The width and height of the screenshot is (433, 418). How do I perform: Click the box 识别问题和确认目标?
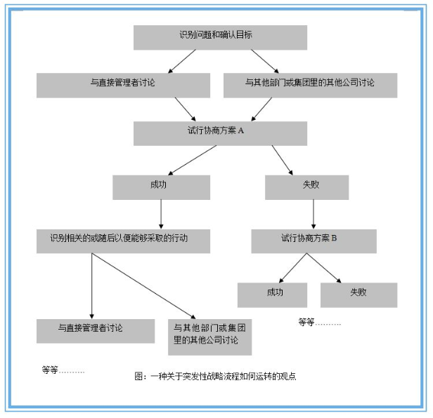coord(220,37)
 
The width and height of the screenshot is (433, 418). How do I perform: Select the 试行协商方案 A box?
coord(220,133)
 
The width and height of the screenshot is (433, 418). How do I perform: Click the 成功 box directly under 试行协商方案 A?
coord(161,187)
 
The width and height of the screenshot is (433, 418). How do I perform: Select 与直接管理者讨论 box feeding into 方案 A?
coord(124,85)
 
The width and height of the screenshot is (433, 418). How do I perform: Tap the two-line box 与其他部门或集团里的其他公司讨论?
coord(210,335)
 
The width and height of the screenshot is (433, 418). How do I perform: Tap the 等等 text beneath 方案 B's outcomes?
coord(319,323)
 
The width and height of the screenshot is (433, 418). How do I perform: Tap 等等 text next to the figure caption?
coord(63,370)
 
